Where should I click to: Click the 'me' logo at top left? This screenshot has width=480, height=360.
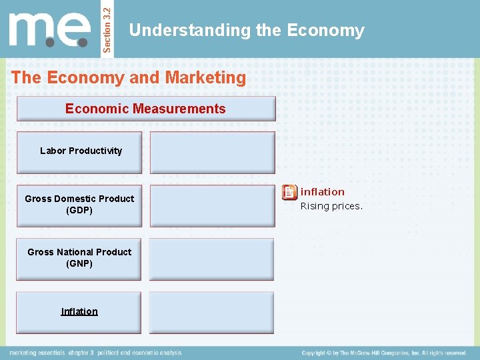click(49, 31)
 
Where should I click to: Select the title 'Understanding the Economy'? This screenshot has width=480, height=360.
click(247, 31)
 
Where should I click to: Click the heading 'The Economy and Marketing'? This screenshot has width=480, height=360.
click(129, 78)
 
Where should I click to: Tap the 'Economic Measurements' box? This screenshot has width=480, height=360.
click(145, 109)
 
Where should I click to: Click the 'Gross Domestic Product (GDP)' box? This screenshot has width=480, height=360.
click(79, 205)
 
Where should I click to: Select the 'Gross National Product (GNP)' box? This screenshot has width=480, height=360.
click(79, 258)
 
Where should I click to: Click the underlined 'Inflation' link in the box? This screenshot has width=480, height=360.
click(79, 311)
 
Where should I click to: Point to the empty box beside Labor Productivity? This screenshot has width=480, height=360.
click(212, 153)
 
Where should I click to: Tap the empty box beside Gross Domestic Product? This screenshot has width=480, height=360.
click(212, 206)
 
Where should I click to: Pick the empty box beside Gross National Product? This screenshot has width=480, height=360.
click(211, 259)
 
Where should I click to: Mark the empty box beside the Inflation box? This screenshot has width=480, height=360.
click(211, 313)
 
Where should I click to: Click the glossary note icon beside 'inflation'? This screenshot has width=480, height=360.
click(289, 193)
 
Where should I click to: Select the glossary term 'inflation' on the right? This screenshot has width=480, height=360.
click(323, 192)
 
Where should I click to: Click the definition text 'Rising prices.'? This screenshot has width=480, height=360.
click(331, 206)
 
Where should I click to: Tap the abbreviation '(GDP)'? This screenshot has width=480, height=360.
click(79, 211)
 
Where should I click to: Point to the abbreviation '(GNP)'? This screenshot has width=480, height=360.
click(79, 264)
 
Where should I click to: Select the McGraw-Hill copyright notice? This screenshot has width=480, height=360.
click(384, 353)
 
